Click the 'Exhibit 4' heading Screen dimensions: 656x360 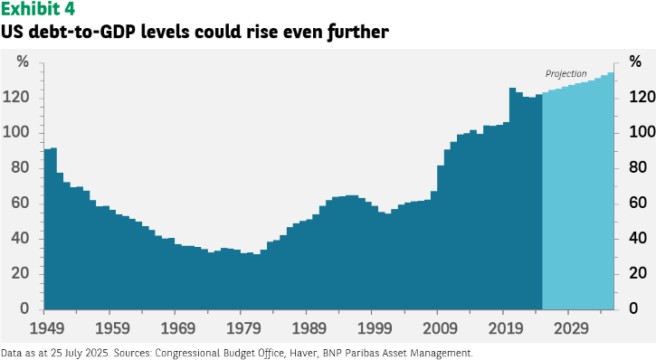pos(38,9)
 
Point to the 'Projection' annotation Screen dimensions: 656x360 pos(566,74)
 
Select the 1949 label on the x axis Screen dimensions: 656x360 pos(47,328)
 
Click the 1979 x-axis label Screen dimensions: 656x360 pos(243,328)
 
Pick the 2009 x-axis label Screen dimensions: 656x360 pos(440,328)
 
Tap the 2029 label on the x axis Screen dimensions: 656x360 pos(571,328)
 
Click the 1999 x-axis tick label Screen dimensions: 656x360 pos(375,328)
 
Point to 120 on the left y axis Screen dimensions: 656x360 pos(16,98)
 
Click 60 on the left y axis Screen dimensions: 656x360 pos(20,204)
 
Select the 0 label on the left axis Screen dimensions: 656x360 pos(24,308)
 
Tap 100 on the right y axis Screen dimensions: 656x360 pos(642,133)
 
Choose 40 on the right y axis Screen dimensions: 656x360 pos(638,238)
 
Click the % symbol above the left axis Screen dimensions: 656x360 pos(23,62)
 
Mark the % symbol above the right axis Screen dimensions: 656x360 pos(635,62)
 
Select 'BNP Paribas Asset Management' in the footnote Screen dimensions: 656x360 pos(396,354)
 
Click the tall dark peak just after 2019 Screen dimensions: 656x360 pos(512,90)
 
